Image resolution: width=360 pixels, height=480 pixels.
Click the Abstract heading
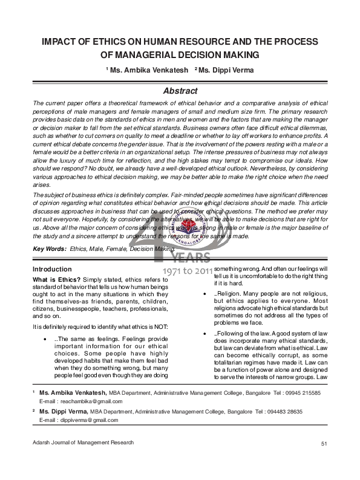[180, 91]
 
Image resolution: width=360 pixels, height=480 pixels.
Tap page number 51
[324, 462]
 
